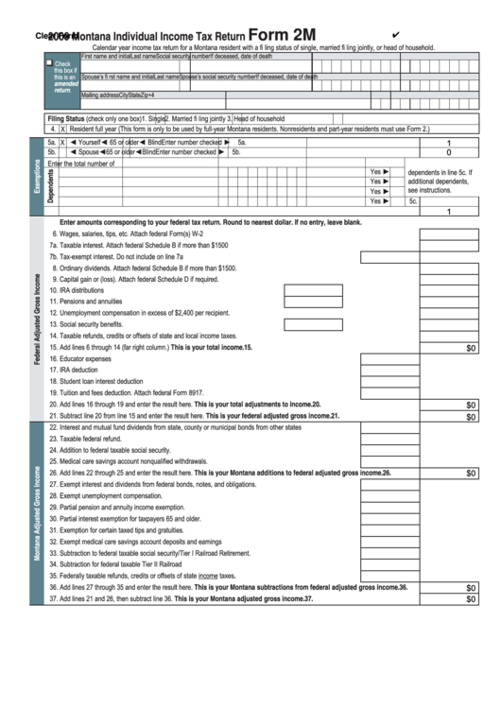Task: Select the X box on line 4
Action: [63, 129]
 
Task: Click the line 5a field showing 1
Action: [448, 142]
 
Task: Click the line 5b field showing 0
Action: [448, 151]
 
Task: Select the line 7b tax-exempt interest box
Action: [389, 256]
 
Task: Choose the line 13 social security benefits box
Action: [389, 324]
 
